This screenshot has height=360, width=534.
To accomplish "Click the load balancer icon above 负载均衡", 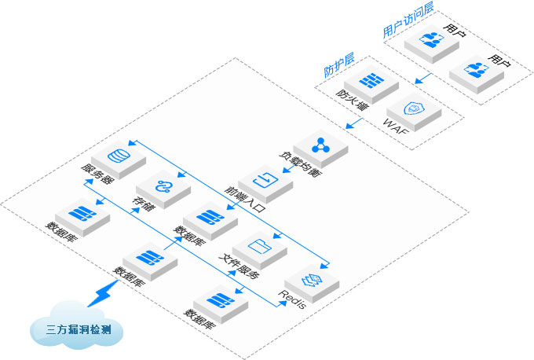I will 319,144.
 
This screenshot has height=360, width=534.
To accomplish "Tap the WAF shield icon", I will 411,108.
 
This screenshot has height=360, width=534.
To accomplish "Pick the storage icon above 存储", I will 163,186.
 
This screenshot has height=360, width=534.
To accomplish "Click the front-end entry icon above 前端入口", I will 265,179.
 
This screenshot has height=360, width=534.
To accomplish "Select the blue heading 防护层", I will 339,66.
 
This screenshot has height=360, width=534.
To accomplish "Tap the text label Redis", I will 288,298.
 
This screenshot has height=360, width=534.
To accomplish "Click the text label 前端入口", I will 244,198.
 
